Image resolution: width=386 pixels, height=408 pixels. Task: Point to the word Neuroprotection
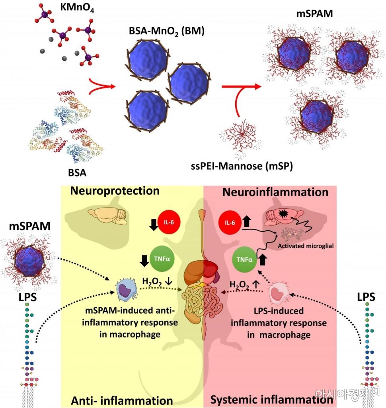(x=115, y=191)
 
